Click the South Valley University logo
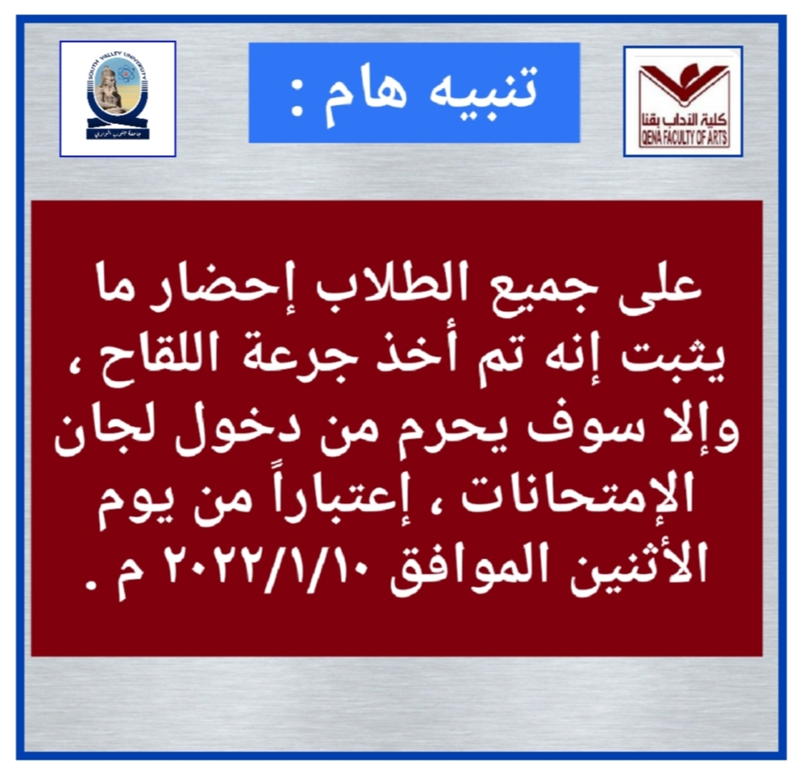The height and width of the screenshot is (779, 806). (x=117, y=99)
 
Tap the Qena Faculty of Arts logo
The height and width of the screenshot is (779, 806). (x=684, y=101)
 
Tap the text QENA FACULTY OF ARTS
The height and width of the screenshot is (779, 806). (x=684, y=138)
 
